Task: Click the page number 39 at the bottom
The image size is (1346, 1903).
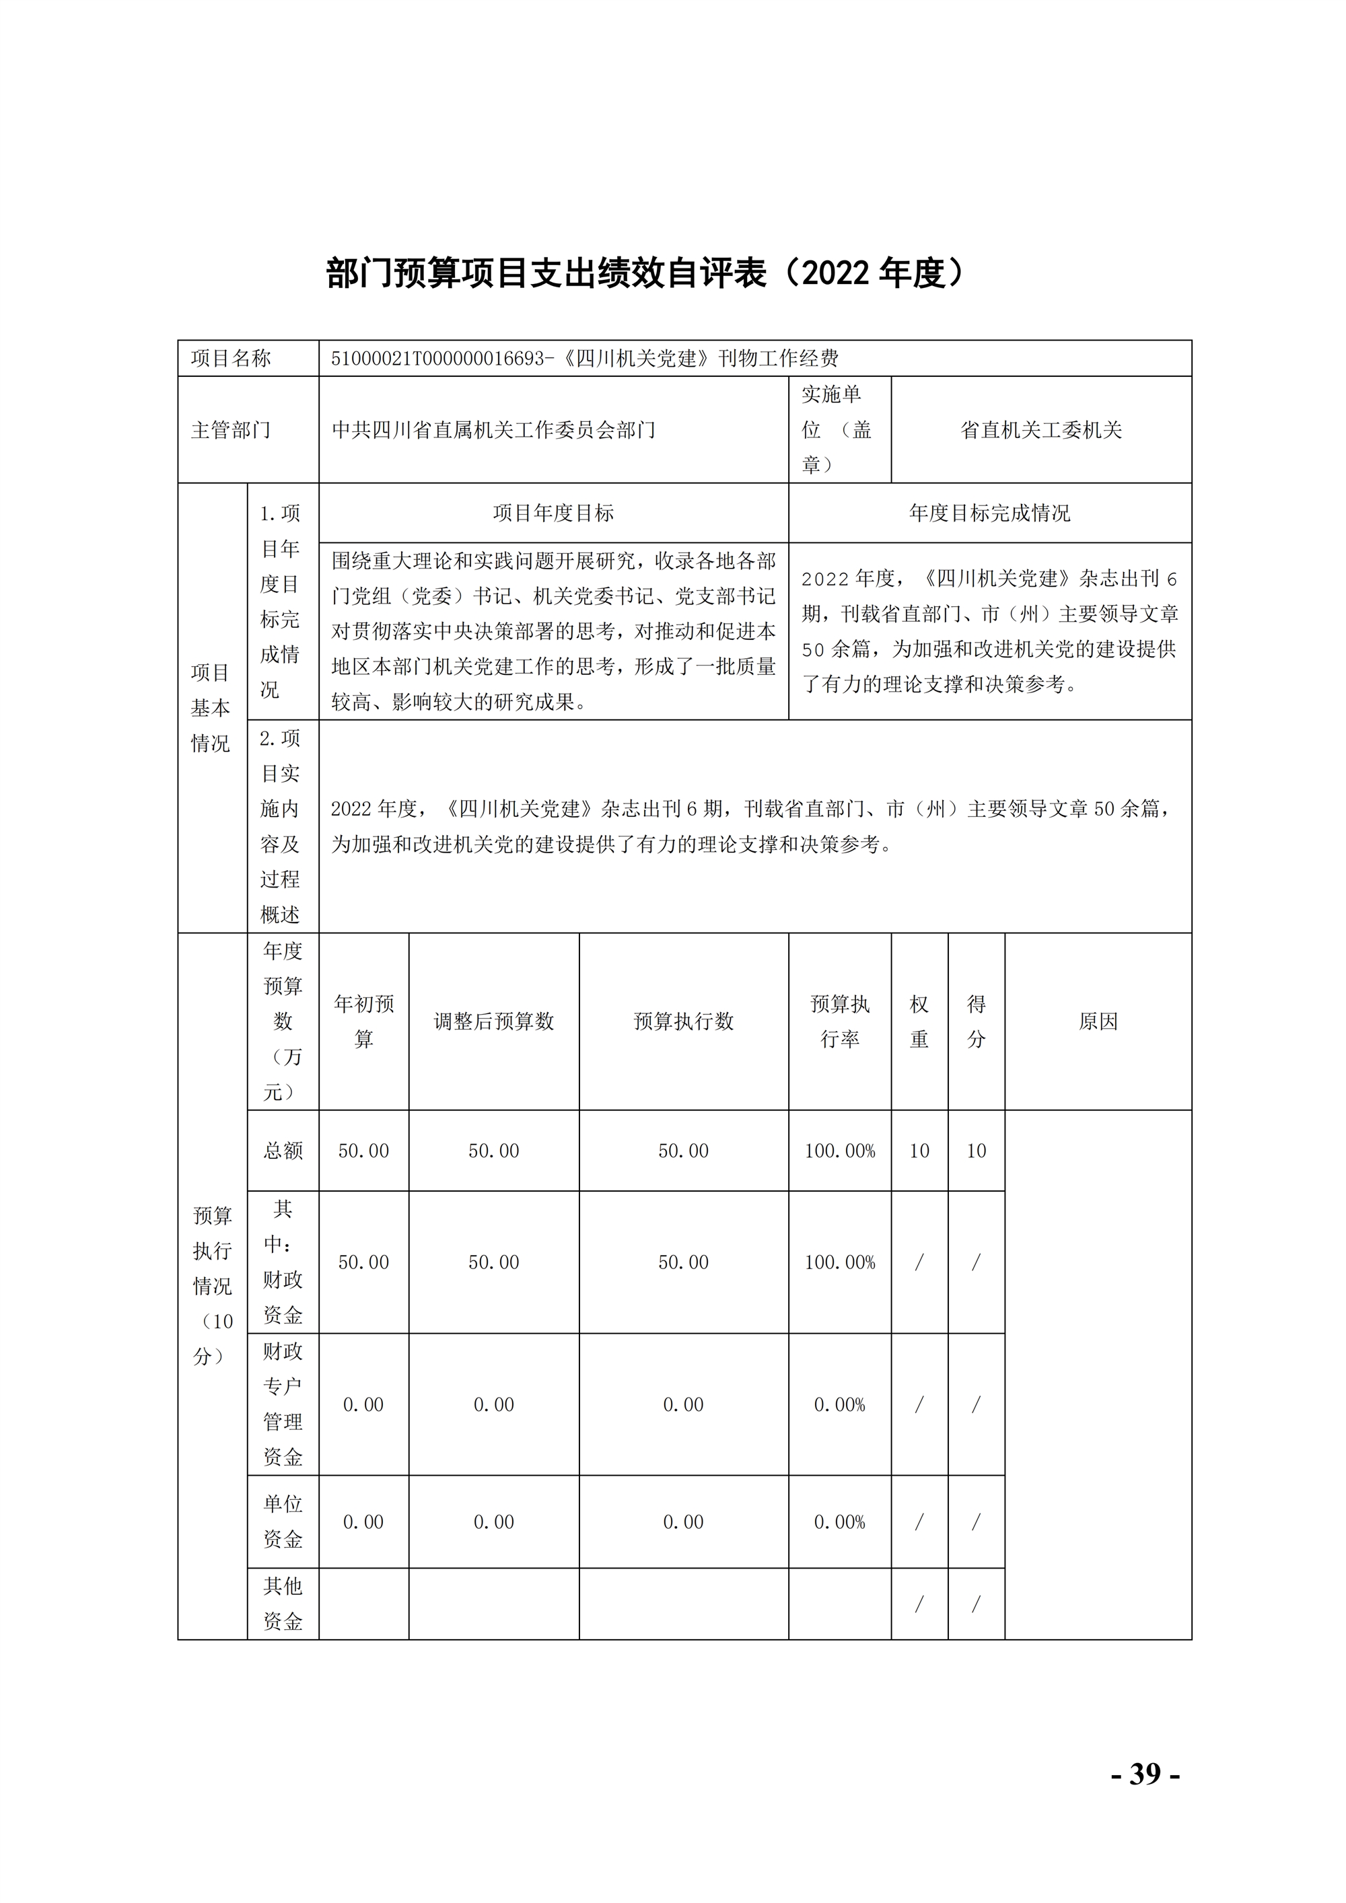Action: (1145, 1774)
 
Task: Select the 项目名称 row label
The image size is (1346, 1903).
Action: (232, 358)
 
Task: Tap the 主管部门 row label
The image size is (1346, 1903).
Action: (232, 429)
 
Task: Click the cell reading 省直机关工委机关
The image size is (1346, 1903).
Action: (1041, 429)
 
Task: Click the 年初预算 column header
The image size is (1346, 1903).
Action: (364, 1021)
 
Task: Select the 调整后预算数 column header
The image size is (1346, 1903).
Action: (494, 1021)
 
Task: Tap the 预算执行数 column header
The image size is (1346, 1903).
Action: (684, 1021)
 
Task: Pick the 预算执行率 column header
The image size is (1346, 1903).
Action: (840, 1021)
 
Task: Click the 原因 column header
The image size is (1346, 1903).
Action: (1098, 1021)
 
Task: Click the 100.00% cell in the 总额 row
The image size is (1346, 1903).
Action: (840, 1151)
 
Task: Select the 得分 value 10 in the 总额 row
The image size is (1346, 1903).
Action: (977, 1151)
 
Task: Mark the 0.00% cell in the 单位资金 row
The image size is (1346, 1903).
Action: (840, 1521)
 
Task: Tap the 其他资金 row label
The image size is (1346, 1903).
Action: (283, 1603)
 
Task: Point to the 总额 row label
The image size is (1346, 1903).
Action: (283, 1151)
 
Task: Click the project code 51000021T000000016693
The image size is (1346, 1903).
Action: (438, 358)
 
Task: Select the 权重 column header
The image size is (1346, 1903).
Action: (919, 1021)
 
